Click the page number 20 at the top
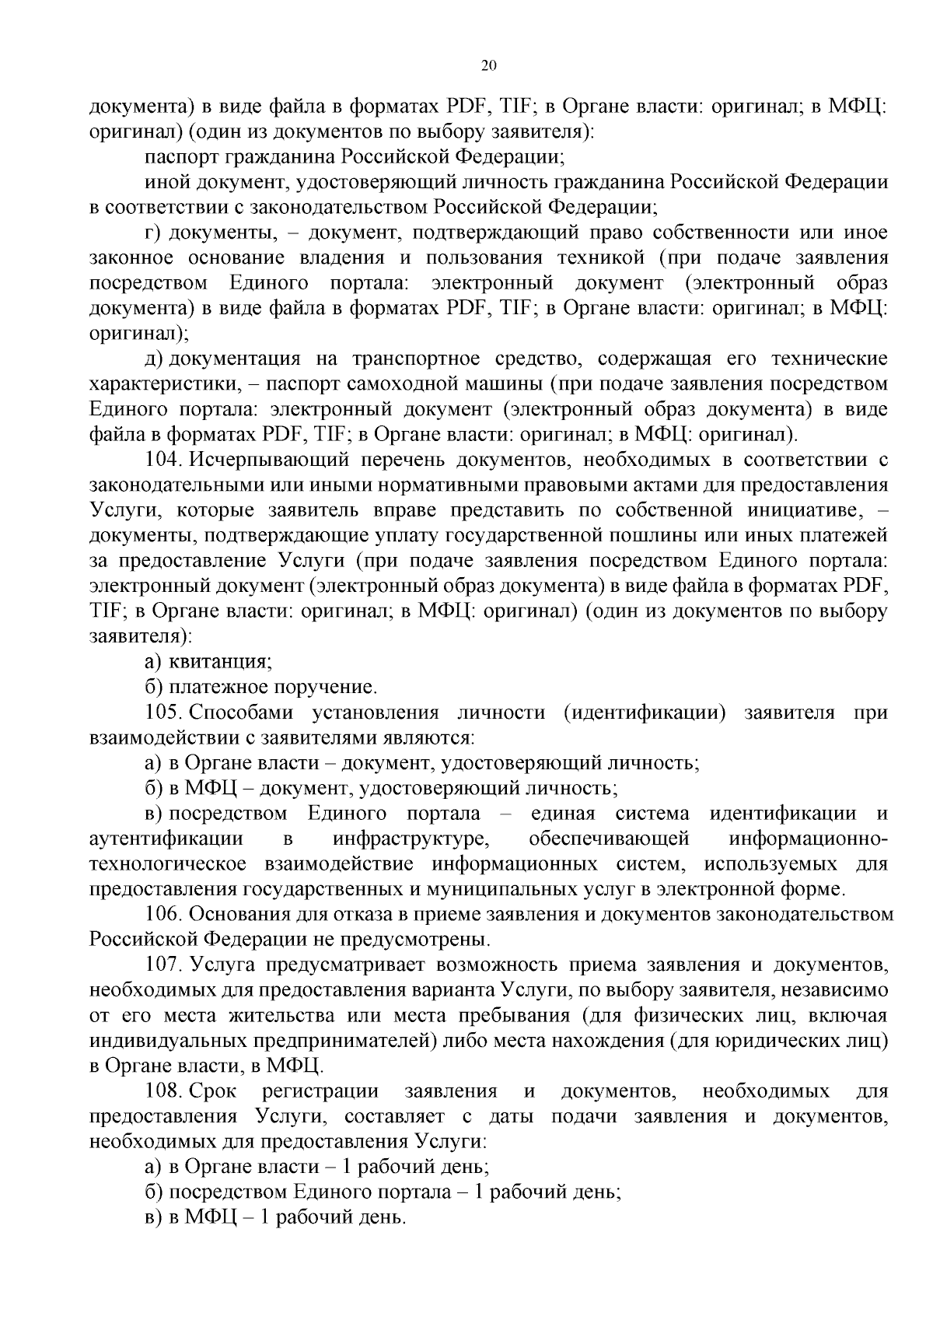488,66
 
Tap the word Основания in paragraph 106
242,915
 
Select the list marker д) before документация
153,359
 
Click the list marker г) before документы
152,233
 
